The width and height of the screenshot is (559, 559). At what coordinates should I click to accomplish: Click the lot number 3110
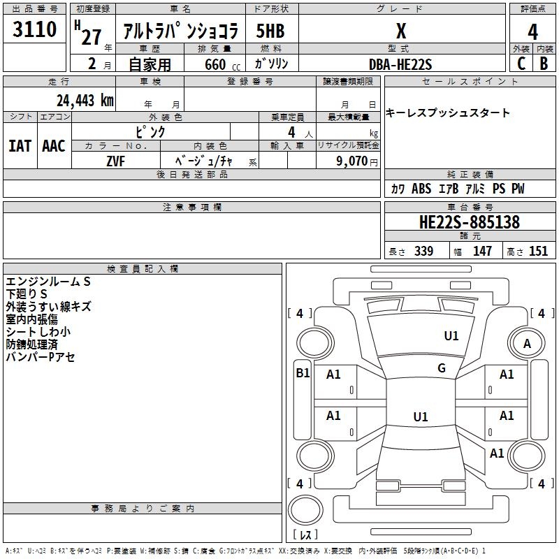[34, 29]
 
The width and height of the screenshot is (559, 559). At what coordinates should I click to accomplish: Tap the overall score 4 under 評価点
[532, 31]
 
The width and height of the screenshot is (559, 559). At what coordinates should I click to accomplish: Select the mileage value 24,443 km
[85, 100]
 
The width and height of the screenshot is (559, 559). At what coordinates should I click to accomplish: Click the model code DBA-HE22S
[400, 64]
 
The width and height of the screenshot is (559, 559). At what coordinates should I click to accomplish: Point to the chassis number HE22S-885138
[470, 222]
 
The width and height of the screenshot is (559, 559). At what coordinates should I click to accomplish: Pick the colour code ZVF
[115, 161]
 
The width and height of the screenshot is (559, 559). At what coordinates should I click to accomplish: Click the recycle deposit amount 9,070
[351, 161]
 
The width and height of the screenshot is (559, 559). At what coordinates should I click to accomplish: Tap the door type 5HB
[270, 31]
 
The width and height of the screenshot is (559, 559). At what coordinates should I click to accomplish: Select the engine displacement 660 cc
[222, 64]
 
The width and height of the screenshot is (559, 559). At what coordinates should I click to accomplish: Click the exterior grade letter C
[521, 64]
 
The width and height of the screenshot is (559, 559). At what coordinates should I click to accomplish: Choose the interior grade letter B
[544, 64]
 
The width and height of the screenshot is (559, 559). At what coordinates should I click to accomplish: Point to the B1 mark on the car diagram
[303, 373]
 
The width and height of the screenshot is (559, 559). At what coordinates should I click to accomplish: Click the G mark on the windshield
[442, 368]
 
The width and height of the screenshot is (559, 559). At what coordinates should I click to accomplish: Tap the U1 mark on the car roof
[421, 416]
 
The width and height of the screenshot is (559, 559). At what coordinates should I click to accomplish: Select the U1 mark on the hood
[451, 335]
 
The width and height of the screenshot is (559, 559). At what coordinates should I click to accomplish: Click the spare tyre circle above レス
[305, 510]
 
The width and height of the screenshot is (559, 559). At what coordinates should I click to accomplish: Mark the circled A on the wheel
[527, 344]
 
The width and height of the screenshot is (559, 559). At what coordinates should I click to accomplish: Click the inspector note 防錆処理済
[31, 344]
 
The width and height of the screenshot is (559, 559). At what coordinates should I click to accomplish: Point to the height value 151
[538, 251]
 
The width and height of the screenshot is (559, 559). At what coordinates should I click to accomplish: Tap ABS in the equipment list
[421, 189]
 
